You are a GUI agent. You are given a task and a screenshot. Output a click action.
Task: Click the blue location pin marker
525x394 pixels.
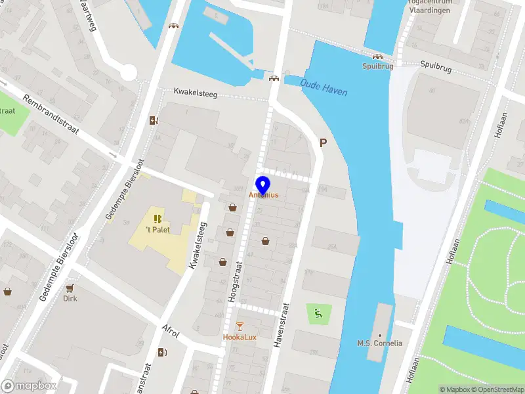[x=262, y=185]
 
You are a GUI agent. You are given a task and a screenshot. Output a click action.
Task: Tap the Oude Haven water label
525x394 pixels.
[x=324, y=87]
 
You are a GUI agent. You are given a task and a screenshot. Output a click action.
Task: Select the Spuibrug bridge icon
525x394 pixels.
[x=377, y=56]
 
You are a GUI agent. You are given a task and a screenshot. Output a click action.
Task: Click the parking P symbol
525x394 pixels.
[x=323, y=142]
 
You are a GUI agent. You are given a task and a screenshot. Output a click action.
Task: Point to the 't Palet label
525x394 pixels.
[x=157, y=229]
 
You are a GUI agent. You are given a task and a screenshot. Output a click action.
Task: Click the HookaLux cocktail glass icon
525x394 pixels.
[x=240, y=326]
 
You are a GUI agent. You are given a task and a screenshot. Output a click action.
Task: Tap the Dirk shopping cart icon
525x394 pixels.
[x=70, y=288]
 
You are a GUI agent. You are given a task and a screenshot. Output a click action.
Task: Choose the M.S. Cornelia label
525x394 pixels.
[x=379, y=343]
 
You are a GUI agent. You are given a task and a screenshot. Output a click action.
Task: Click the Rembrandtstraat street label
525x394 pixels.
[x=51, y=115]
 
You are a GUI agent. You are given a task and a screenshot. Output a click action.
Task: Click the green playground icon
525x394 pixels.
[x=318, y=313]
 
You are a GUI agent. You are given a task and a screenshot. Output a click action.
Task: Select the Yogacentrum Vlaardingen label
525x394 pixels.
[x=430, y=7]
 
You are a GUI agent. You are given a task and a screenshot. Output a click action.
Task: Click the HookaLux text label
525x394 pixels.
[x=240, y=338]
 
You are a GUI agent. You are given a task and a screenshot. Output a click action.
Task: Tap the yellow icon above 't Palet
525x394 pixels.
[x=157, y=218]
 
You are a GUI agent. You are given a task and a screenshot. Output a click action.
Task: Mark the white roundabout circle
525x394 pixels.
[x=128, y=72]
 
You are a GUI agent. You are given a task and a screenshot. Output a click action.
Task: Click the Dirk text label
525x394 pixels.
[x=70, y=298]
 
